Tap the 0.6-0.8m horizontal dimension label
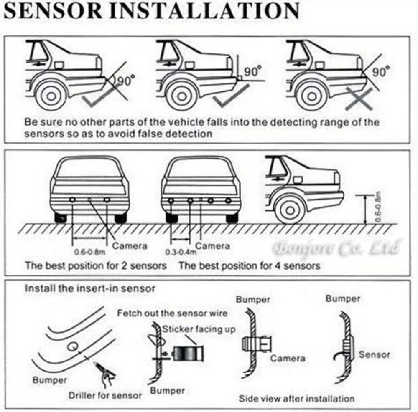pyautogui.click(x=89, y=251)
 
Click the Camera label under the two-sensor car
pyautogui.click(x=130, y=246)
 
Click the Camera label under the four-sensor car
pyautogui.click(x=213, y=246)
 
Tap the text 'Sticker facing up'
pyautogui.click(x=199, y=329)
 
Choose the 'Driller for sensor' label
pyautogui.click(x=105, y=395)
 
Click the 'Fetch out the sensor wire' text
pyautogui.click(x=172, y=313)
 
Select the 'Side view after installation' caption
pyautogui.click(x=296, y=398)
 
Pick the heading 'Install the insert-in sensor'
pyautogui.click(x=90, y=288)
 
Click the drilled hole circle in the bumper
pyautogui.click(x=73, y=346)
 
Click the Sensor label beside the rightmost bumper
pyautogui.click(x=374, y=355)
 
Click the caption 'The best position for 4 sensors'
pyautogui.click(x=249, y=265)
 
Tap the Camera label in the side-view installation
pyautogui.click(x=287, y=358)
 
